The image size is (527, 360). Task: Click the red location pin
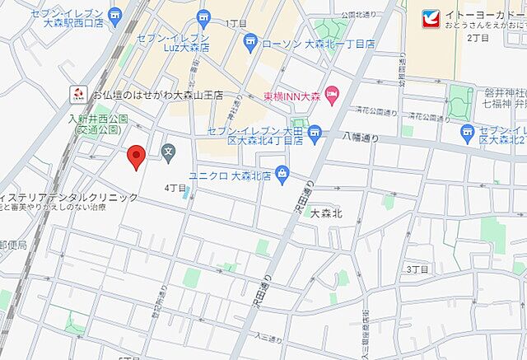[138, 156]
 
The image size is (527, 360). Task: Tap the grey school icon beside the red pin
[169, 151]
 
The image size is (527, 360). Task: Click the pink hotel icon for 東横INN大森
[332, 96]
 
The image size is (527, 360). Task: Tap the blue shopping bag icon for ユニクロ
[282, 173]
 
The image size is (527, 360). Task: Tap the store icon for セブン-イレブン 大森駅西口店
[115, 13]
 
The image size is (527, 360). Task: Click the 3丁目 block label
[418, 269]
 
